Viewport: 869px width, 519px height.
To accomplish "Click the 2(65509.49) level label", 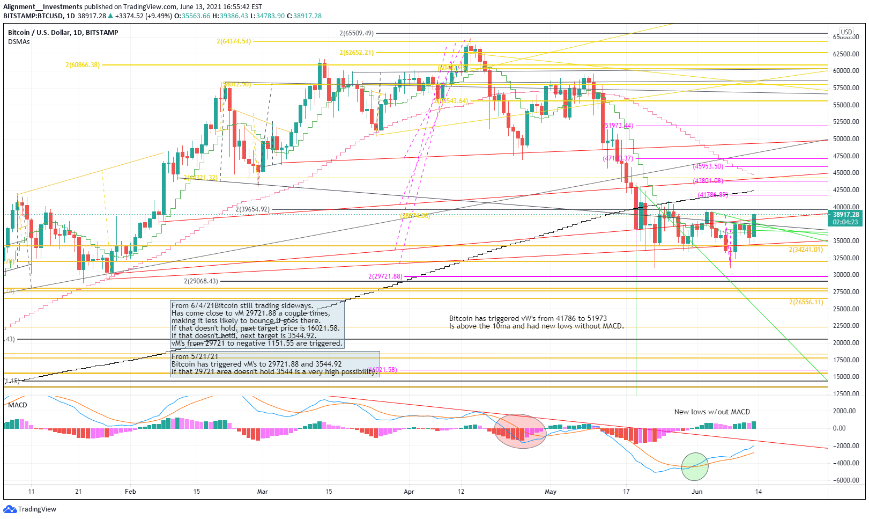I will coord(356,33).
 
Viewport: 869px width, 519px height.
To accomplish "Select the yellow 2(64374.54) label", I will coord(234,41).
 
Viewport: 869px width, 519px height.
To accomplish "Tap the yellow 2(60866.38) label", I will coord(83,65).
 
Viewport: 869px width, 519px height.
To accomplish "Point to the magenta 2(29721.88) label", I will coord(385,276).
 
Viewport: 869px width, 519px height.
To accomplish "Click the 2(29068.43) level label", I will coord(201,281).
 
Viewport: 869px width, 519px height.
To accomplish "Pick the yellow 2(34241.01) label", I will coord(805,250).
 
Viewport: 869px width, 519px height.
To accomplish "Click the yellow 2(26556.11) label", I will coord(806,302).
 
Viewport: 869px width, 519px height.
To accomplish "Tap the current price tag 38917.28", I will coord(846,214).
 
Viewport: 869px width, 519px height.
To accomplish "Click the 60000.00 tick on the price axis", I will coord(846,71).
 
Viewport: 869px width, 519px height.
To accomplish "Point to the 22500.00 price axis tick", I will coord(846,326).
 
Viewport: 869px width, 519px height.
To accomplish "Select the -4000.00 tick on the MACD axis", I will coord(846,463).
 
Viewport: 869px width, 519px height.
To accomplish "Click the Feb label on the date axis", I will coord(130,491).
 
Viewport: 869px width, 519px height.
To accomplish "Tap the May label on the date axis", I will coord(551,491).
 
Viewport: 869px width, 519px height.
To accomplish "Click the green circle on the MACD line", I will coord(695,466).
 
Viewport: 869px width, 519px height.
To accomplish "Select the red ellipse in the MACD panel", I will coord(520,431).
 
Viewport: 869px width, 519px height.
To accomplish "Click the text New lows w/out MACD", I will coord(712,412).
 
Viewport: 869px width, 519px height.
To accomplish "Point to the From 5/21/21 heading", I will coord(195,356).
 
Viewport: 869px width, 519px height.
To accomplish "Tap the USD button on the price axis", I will coord(846,32).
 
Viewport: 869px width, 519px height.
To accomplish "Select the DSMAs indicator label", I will coord(19,42).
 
